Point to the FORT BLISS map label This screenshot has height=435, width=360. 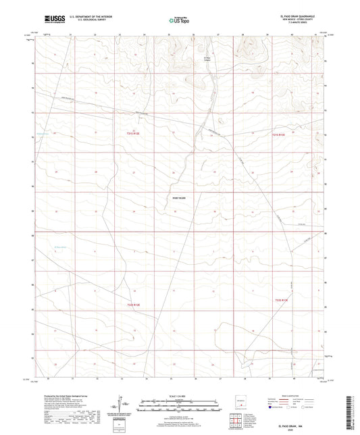178,198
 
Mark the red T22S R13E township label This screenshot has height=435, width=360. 282,299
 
